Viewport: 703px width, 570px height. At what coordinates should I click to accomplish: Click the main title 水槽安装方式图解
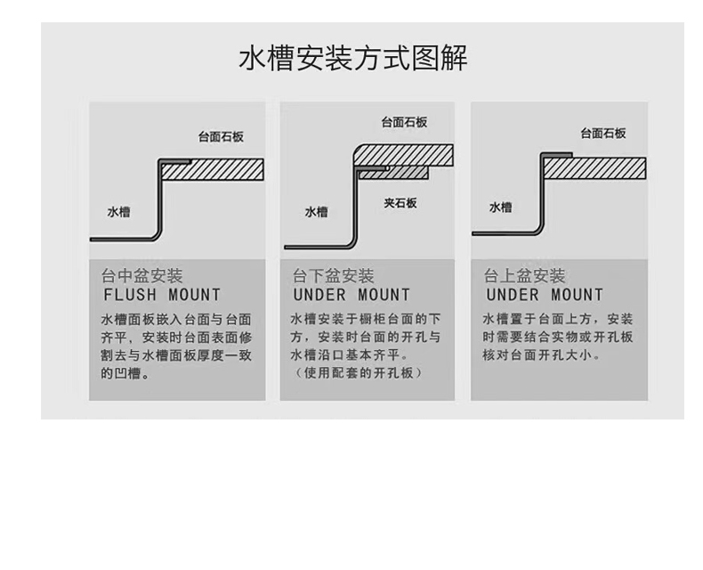point(352,58)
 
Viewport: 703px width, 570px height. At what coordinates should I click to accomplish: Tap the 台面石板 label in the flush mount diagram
point(221,138)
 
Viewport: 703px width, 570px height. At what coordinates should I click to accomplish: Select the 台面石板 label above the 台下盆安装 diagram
point(404,123)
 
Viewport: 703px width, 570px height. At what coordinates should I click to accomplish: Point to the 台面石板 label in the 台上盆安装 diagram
point(603,134)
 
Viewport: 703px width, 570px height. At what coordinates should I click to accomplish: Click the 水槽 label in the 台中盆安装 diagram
point(118,212)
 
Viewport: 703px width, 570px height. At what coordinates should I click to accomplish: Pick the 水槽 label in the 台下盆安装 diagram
point(316,212)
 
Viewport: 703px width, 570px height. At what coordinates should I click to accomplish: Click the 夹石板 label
point(400,203)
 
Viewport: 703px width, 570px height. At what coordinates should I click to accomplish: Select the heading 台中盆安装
point(142,276)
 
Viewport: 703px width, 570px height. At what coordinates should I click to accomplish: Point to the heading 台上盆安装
point(525,276)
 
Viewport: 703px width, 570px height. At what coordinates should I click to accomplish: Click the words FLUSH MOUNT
point(162,295)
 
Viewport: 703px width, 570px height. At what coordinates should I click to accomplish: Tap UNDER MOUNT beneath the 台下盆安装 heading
point(351,295)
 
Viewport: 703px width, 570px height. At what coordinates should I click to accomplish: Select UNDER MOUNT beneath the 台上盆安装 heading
point(545,295)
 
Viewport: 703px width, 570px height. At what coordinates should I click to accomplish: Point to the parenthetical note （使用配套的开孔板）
point(357,373)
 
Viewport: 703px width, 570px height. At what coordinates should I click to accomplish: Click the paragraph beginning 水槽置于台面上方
point(558,337)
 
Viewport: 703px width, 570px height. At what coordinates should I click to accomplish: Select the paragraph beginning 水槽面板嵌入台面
point(176,346)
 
